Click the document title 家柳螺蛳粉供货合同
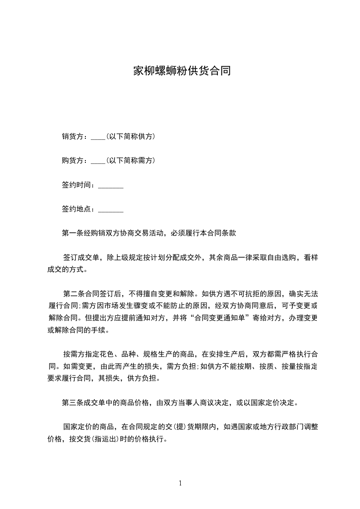click(x=182, y=71)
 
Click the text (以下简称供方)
click(x=131, y=136)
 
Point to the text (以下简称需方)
click(x=131, y=161)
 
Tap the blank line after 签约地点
click(x=111, y=211)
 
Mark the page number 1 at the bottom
click(x=180, y=483)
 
